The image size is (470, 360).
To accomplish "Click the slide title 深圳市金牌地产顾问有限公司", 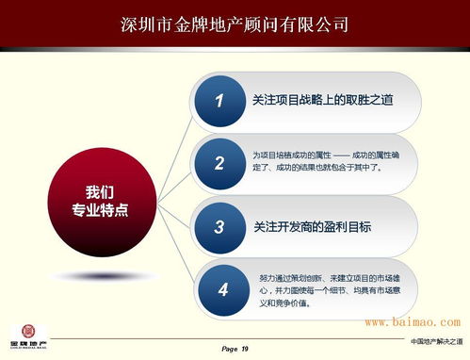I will [x=235, y=23].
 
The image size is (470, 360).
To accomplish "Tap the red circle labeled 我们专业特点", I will [x=101, y=197].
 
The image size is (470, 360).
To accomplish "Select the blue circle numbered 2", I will [x=219, y=162].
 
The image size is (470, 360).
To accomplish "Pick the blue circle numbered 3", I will [x=219, y=226].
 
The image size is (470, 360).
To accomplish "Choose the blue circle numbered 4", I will [x=221, y=289].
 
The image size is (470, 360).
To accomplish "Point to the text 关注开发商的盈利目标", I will [x=313, y=226].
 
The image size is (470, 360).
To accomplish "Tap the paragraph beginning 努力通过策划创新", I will [x=338, y=290].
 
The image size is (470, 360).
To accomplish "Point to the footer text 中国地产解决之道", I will [x=436, y=340].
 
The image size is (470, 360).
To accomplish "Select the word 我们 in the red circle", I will [x=101, y=189].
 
